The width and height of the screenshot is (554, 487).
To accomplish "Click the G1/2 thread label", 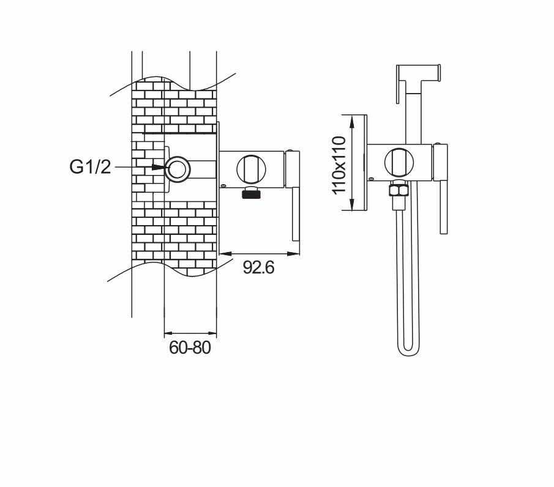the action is [90, 166].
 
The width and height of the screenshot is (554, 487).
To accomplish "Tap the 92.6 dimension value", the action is [258, 267].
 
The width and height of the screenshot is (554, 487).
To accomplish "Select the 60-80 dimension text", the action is [190, 348].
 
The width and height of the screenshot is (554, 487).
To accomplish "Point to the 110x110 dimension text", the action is [339, 165].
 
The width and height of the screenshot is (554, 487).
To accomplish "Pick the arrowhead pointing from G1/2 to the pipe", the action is [159, 166].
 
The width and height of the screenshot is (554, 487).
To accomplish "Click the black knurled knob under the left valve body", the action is [252, 193].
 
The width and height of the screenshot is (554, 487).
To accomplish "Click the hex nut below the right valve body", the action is [398, 190].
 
